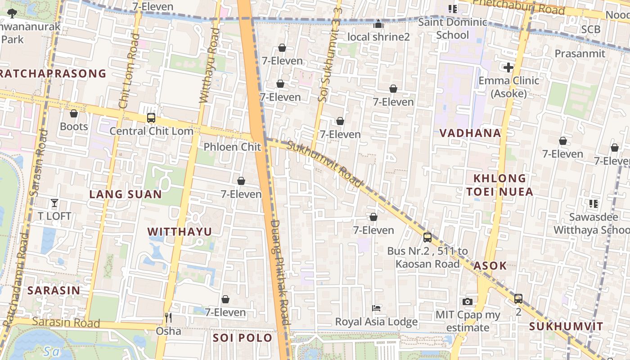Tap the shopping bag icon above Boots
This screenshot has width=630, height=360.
click(x=74, y=113)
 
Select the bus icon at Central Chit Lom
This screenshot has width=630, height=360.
click(x=151, y=118)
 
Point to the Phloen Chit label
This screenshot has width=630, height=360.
click(x=232, y=147)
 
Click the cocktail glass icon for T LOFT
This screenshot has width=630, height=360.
click(x=54, y=203)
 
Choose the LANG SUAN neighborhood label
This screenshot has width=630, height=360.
click(x=126, y=194)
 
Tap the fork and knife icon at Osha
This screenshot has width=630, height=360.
click(x=168, y=318)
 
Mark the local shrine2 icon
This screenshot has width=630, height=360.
click(x=378, y=24)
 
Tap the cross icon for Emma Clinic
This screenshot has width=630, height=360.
click(x=508, y=68)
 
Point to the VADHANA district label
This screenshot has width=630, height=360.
click(x=470, y=133)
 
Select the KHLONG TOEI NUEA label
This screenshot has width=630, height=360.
click(x=499, y=185)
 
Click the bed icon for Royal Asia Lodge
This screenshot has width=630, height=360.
click(x=377, y=308)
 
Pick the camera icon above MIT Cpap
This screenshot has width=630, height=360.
click(x=468, y=301)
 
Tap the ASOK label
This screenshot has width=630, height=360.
click(x=490, y=265)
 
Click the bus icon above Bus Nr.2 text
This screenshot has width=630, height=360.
click(x=427, y=237)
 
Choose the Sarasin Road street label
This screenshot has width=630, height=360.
click(x=66, y=323)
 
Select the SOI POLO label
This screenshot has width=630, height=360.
click(x=243, y=338)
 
